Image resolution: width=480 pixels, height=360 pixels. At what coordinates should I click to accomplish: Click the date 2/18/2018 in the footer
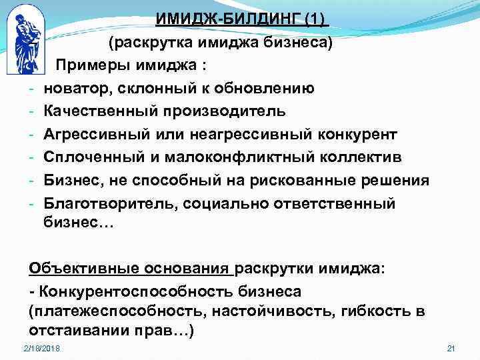41,349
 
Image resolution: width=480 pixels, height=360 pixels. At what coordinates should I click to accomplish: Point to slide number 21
449,349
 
